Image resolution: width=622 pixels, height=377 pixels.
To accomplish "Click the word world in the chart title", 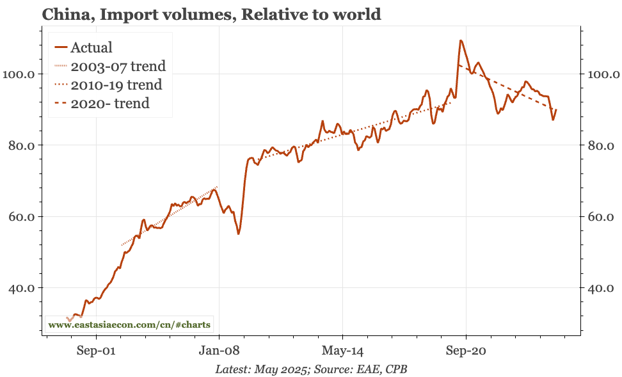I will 356,13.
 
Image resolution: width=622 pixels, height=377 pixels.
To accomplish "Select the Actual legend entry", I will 91,47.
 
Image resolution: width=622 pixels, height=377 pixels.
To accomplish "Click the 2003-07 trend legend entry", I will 118,66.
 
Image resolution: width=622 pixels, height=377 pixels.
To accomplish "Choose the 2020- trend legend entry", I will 109,103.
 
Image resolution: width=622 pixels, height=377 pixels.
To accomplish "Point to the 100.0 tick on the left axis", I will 20,74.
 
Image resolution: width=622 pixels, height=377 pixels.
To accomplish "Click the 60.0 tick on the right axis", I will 602,217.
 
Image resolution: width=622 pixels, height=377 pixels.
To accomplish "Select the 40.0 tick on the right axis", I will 602,288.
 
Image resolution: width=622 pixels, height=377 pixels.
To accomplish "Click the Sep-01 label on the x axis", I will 96,351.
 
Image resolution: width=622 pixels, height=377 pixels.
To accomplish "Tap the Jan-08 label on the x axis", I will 219,351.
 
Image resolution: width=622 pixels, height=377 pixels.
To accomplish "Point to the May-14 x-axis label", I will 342,351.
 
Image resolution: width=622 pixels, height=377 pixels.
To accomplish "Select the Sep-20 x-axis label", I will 466,351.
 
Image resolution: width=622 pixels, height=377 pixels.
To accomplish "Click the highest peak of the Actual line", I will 460,40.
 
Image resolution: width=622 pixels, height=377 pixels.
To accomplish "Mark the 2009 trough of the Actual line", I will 238,234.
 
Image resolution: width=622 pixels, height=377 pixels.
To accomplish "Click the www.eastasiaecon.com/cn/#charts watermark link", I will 129,325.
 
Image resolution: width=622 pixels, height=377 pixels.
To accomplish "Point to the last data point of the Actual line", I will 556,109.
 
